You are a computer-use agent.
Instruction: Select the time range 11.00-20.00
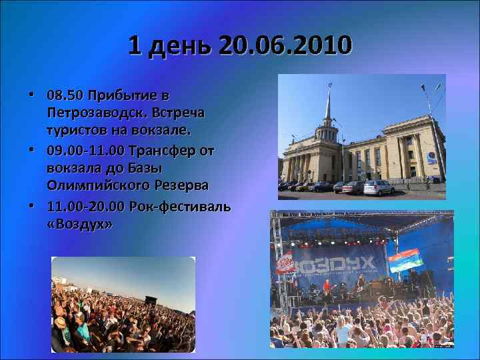tap(88, 207)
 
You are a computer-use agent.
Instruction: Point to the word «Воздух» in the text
tap(80, 225)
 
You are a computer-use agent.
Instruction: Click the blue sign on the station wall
tap(431, 158)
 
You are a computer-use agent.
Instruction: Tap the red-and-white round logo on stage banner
tap(286, 263)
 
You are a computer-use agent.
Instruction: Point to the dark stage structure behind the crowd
tap(152, 299)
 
